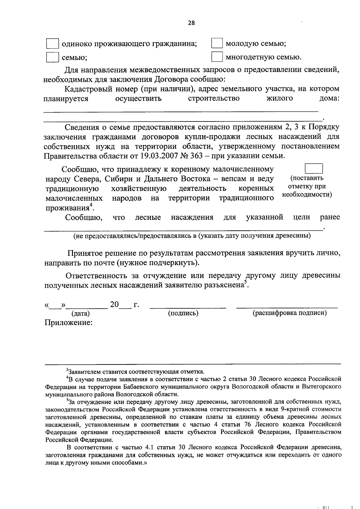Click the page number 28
(191, 23)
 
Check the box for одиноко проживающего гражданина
(52, 44)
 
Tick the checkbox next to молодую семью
(217, 44)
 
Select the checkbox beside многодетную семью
(217, 57)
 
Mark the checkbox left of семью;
(52, 57)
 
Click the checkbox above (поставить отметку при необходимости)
(313, 169)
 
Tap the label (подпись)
(183, 313)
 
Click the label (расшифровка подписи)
(289, 313)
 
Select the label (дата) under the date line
(80, 314)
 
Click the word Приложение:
(68, 323)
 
